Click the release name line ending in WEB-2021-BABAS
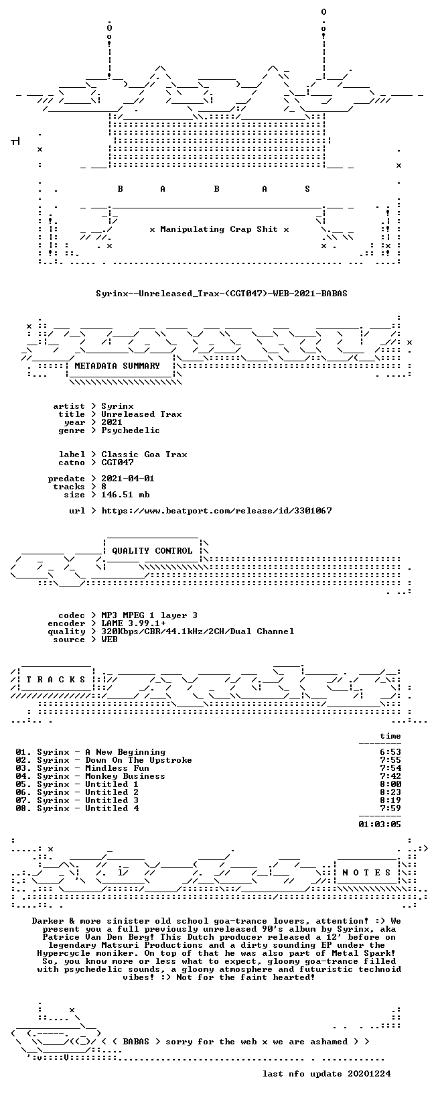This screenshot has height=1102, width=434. pyautogui.click(x=222, y=294)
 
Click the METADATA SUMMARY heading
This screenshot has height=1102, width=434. pyautogui.click(x=117, y=366)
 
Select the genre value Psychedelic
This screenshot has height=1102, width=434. pyautogui.click(x=130, y=430)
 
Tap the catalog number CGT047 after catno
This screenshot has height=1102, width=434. pyautogui.click(x=117, y=463)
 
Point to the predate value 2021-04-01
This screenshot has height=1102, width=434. pyautogui.click(x=128, y=479)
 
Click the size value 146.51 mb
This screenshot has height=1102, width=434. pyautogui.click(x=125, y=495)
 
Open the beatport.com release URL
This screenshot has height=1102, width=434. pyautogui.click(x=216, y=511)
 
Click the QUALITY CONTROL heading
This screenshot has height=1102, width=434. pyautogui.click(x=152, y=551)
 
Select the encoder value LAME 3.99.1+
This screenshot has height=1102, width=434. pyautogui.click(x=133, y=623)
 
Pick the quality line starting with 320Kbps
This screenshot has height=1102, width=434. pyautogui.click(x=198, y=631)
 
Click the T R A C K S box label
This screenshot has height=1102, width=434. pyautogui.click(x=56, y=680)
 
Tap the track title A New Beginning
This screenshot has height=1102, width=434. pyautogui.click(x=125, y=752)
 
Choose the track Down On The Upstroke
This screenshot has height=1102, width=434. pyautogui.click(x=139, y=760)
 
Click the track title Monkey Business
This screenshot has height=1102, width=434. pyautogui.click(x=125, y=776)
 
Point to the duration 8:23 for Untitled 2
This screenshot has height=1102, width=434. pyautogui.click(x=390, y=792)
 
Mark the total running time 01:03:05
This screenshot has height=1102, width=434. pyautogui.click(x=380, y=824)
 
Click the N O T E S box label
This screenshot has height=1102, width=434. pyautogui.click(x=366, y=873)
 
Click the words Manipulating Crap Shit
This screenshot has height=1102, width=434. pyautogui.click(x=219, y=229)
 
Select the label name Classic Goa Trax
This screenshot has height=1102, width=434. pyautogui.click(x=144, y=454)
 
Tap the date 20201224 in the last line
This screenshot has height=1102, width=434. pyautogui.click(x=369, y=1074)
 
